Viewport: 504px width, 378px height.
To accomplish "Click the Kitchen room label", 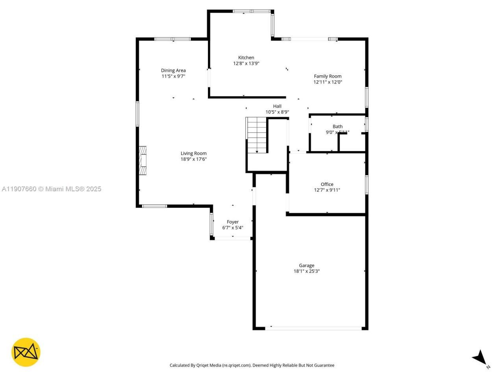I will [x=246, y=57].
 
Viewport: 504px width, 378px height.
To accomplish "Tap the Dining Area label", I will [x=173, y=70].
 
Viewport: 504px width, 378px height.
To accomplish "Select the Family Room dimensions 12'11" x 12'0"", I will [x=328, y=82].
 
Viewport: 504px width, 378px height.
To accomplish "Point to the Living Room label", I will [x=193, y=153].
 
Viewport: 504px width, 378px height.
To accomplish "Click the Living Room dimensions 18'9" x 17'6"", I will [x=193, y=159].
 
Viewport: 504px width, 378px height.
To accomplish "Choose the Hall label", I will [x=277, y=106].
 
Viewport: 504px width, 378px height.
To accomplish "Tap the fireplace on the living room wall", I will [x=142, y=160].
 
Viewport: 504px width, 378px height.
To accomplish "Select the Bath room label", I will [x=337, y=126].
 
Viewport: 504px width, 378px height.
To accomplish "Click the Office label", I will [x=327, y=184].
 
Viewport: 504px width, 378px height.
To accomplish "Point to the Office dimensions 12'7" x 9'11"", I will [x=327, y=190].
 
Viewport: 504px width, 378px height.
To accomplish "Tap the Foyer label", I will [x=233, y=222].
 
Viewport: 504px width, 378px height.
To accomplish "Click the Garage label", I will [x=306, y=265].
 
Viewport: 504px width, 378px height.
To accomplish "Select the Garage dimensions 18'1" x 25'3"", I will [x=306, y=271].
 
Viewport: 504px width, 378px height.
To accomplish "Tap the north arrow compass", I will [x=480, y=358].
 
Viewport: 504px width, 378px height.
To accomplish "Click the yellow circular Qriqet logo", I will [x=26, y=352].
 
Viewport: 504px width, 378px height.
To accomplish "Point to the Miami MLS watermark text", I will [x=52, y=189].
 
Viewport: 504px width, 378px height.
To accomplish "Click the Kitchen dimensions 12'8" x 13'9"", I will [x=246, y=63].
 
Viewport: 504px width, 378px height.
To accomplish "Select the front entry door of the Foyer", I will [x=232, y=238].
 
